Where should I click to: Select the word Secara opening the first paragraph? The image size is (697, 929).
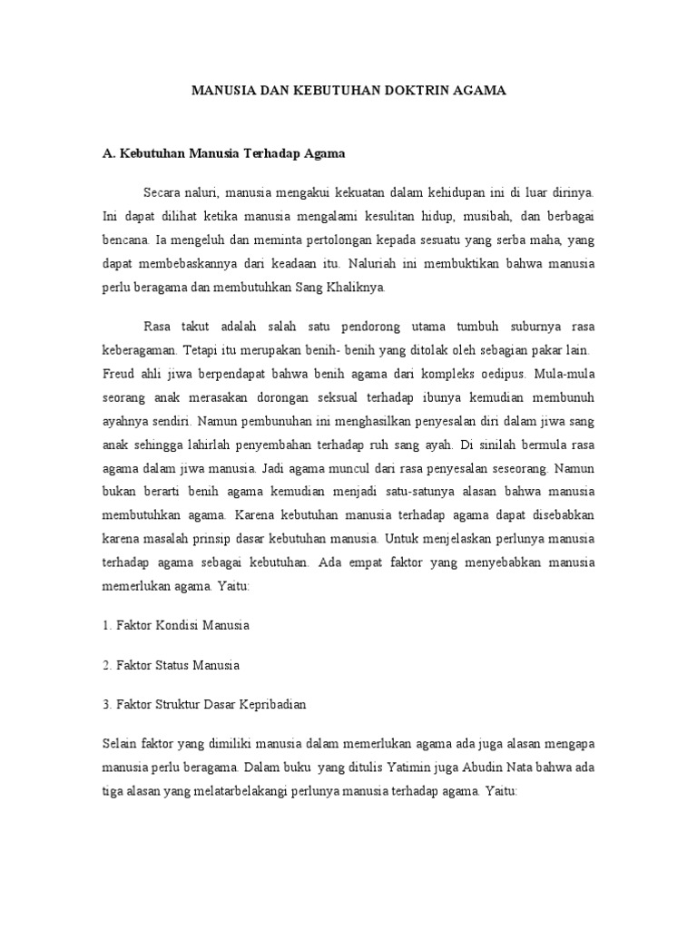click(163, 193)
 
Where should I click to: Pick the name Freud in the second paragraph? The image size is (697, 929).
click(118, 374)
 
